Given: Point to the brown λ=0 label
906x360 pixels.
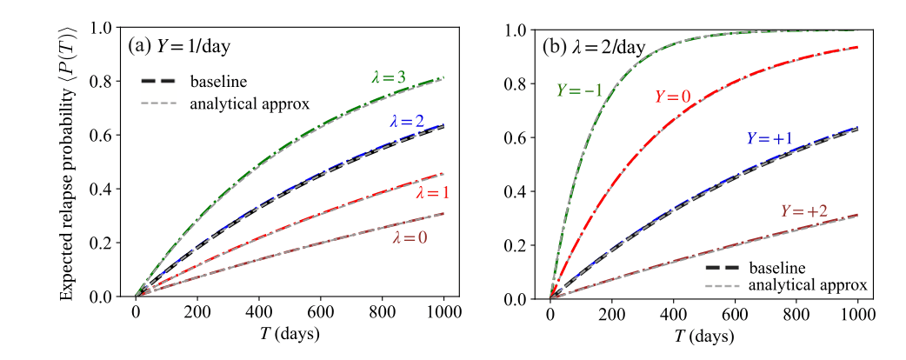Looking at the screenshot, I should coord(408,236).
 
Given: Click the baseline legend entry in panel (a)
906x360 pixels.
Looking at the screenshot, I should coord(217,82).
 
